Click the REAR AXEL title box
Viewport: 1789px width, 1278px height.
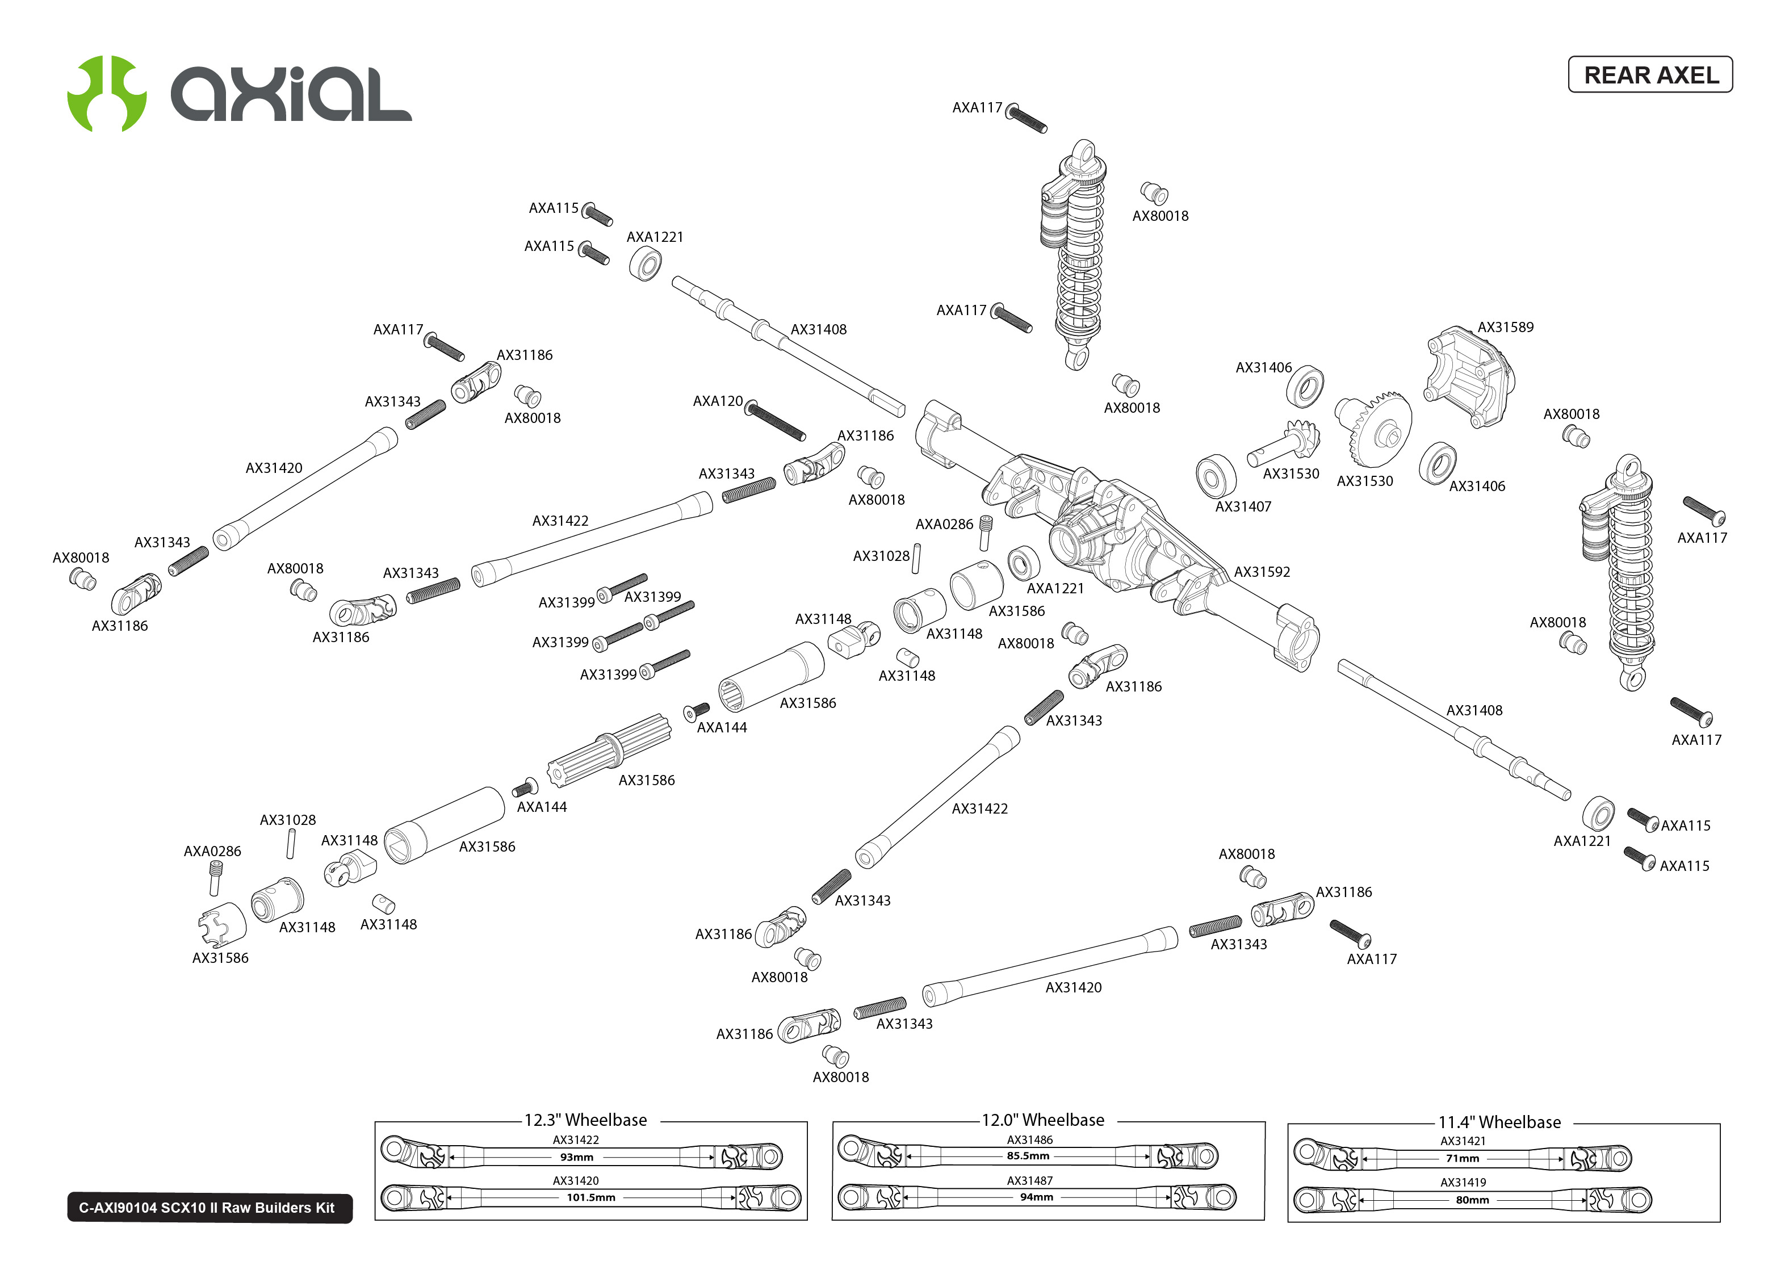coord(1650,75)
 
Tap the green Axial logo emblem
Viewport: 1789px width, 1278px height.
coord(107,93)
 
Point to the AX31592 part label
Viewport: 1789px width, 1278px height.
coord(1262,572)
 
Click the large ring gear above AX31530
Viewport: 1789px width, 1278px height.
coord(1377,429)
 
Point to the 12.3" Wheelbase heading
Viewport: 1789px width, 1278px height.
coord(585,1120)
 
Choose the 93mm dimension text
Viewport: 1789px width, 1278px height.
coord(577,1158)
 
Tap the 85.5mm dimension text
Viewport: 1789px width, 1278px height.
coord(1028,1156)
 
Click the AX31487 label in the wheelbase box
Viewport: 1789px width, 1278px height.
coord(1030,1180)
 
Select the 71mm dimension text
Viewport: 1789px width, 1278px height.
coord(1463,1158)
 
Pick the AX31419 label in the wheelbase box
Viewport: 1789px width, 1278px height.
coord(1463,1182)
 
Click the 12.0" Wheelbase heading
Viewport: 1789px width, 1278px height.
coord(1042,1120)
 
